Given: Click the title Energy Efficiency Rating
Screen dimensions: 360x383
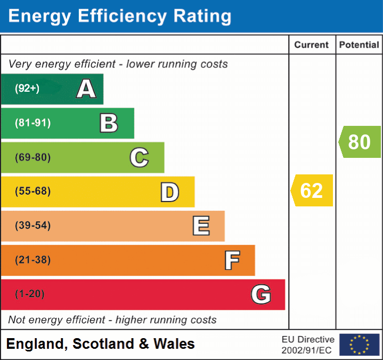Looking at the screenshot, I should click(120, 17).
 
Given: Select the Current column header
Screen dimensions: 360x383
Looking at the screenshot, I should click(312, 45).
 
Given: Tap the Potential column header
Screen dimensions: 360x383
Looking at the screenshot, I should click(359, 45).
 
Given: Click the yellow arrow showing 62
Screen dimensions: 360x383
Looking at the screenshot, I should click(312, 190).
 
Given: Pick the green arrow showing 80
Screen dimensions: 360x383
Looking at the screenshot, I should click(360, 142).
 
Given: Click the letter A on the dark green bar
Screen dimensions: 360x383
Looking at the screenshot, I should click(86, 89).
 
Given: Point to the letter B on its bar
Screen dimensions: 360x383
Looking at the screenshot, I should click(109, 123).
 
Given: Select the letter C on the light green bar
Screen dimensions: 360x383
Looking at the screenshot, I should click(139, 157).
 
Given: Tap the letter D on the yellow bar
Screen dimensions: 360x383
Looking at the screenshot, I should click(169, 192).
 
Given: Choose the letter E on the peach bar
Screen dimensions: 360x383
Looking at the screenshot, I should click(201, 226).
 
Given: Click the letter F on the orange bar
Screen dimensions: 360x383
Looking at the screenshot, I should click(232, 260).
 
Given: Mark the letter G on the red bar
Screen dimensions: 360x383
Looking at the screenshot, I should click(261, 294).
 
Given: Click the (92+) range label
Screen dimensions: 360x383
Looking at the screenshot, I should click(27, 89).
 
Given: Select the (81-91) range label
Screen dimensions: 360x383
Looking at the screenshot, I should click(33, 123).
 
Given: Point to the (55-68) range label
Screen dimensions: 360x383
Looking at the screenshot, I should click(33, 191).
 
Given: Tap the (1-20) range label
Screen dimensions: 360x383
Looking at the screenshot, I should click(30, 294).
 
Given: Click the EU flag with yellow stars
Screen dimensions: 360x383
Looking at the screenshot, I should click(359, 345).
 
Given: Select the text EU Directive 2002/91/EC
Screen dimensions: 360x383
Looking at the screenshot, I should click(308, 345).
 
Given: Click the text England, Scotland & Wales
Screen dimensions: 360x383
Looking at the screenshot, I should click(101, 344).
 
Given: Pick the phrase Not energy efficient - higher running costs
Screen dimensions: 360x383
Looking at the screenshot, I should click(112, 320).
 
